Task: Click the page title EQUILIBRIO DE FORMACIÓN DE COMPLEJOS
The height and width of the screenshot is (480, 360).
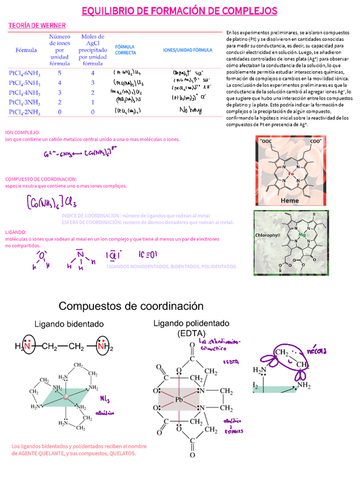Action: tap(179, 11)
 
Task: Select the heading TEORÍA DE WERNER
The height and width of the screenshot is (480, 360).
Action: tap(37, 25)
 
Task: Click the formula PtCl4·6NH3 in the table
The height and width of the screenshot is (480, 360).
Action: tap(24, 74)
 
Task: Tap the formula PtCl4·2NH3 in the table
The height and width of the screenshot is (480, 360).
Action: tap(24, 112)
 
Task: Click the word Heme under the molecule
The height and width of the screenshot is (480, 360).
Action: tap(290, 200)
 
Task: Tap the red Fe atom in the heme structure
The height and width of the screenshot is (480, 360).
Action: tap(290, 173)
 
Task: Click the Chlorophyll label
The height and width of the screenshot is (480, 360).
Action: tap(268, 235)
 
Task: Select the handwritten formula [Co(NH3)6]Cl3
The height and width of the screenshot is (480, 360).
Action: tap(51, 202)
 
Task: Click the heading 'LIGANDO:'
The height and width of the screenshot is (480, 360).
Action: tap(16, 232)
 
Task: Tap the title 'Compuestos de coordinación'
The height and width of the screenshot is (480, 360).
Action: tap(131, 306)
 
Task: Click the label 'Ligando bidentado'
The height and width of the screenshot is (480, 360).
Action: tap(69, 324)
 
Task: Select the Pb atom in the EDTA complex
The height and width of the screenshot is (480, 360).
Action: tap(179, 400)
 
